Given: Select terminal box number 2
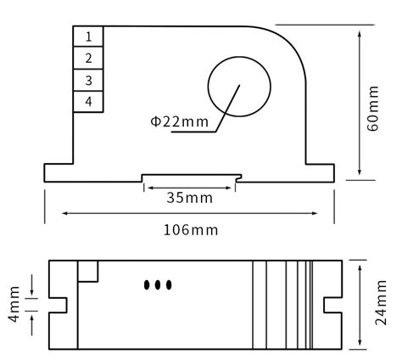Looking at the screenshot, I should tap(88, 58).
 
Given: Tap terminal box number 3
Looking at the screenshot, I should tap(88, 80).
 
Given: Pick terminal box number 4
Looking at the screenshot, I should tap(88, 102).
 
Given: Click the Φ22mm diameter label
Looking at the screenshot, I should tap(179, 121).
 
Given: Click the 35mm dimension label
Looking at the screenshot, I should tap(189, 198).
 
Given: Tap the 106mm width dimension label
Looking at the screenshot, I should tap(190, 229).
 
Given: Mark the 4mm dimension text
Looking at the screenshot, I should tap(14, 303).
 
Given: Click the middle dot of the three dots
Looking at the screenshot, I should tap(158, 284).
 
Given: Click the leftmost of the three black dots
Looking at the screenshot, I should tap(148, 284).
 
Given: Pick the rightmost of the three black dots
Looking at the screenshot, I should tap(168, 284).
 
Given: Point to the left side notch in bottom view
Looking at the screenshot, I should tap(58, 305).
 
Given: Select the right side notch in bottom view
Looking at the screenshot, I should tap(332, 305).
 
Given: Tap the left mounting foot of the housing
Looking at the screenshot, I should tap(58, 172).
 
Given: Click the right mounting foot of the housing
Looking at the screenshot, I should tap(318, 172).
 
